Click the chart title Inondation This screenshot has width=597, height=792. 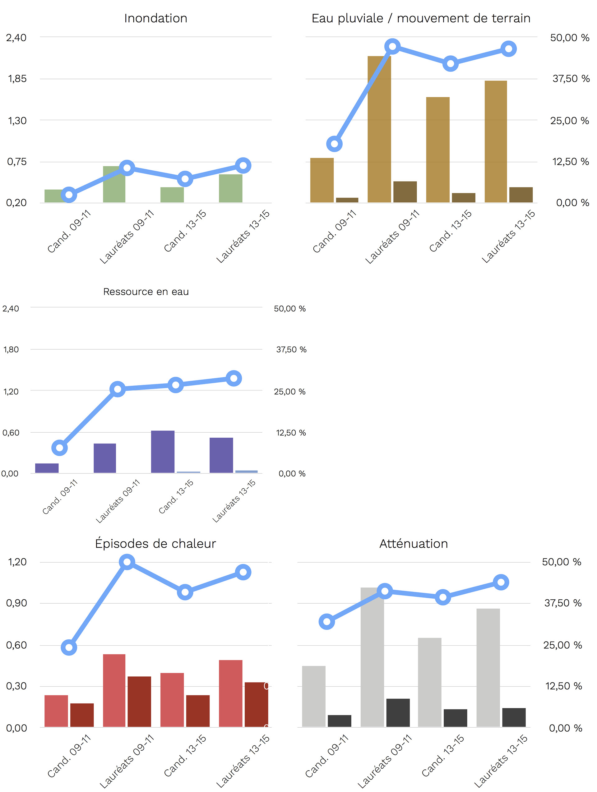click(x=155, y=18)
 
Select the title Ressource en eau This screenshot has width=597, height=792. click(x=146, y=292)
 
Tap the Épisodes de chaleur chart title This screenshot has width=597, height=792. click(x=155, y=544)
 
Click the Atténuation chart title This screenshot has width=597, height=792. click(x=413, y=544)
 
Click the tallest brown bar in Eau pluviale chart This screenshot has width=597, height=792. click(x=379, y=129)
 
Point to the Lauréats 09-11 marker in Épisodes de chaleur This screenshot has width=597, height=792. click(x=127, y=562)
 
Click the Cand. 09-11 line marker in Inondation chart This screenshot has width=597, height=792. click(x=69, y=195)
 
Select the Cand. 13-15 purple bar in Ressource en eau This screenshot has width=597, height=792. click(x=163, y=452)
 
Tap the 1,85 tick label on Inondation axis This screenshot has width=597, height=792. click(x=17, y=79)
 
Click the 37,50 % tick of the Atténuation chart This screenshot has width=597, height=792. click(x=562, y=603)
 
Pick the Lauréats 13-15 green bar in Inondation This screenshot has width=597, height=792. click(x=230, y=188)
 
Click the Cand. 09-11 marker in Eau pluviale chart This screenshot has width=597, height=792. click(x=334, y=144)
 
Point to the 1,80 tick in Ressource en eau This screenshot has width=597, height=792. click(x=11, y=349)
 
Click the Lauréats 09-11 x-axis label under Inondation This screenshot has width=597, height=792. click(x=127, y=237)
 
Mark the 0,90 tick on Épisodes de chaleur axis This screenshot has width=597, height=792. click(x=16, y=603)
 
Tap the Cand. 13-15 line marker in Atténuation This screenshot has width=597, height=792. click(x=443, y=597)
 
